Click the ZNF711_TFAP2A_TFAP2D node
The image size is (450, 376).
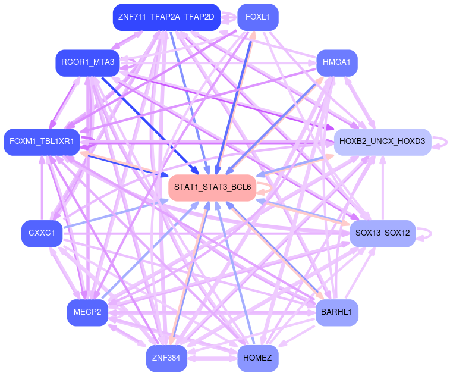tap(166, 17)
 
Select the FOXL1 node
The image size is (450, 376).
tap(257, 17)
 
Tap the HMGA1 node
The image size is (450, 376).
tap(336, 62)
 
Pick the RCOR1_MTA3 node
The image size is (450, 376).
tap(88, 62)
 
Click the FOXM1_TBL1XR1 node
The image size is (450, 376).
tap(42, 142)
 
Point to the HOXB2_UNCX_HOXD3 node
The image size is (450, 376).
tap(382, 142)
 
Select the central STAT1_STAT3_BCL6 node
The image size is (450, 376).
tap(212, 187)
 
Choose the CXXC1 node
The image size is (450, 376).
tap(42, 233)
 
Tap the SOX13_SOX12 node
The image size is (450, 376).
tap(382, 233)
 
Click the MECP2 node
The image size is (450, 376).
tap(87, 312)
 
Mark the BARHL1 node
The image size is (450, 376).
tap(336, 312)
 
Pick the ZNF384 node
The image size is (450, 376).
tap(166, 358)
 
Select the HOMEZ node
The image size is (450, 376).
tap(257, 358)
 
